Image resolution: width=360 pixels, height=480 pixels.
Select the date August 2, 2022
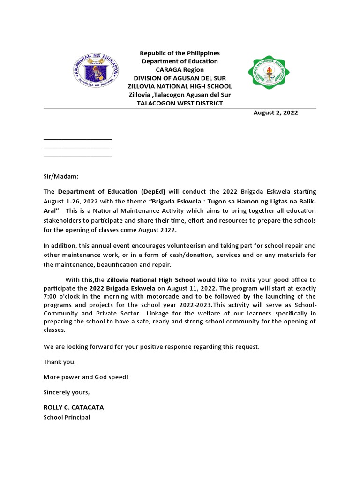[275, 112]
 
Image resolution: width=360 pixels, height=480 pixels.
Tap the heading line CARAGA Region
[180, 70]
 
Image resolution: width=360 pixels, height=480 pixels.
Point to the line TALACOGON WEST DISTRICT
[180, 103]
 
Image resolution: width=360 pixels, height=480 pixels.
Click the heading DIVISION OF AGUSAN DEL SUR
[180, 78]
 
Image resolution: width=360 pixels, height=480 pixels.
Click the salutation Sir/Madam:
[61, 176]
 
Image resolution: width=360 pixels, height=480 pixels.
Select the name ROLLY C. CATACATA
[74, 407]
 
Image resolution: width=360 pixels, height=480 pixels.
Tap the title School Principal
[67, 417]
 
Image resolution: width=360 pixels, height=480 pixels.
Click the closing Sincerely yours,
[66, 392]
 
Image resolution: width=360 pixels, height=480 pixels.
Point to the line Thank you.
[60, 362]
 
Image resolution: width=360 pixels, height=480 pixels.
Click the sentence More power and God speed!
[86, 377]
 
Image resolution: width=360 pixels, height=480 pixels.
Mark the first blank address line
[78, 139]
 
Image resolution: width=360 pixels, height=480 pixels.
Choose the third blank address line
[78, 156]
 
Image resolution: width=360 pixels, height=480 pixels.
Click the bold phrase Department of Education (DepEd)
[112, 192]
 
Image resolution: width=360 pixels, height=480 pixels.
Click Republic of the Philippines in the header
[180, 53]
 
